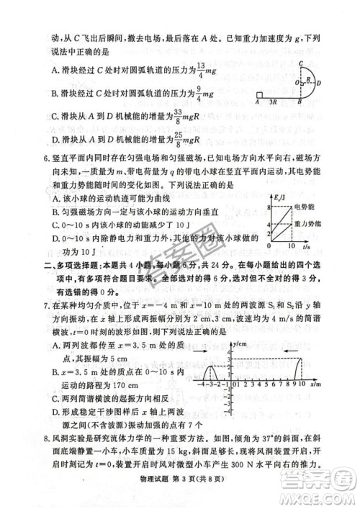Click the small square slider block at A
258,94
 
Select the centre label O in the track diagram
297,81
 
